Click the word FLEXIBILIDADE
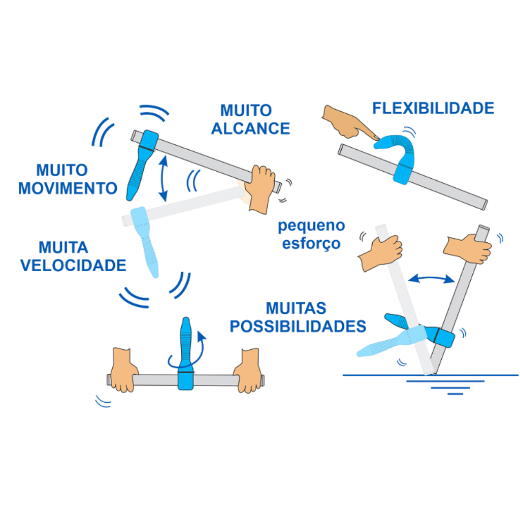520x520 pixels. pyautogui.click(x=433, y=108)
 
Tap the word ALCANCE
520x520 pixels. pyautogui.click(x=250, y=128)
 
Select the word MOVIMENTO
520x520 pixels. pyautogui.click(x=68, y=188)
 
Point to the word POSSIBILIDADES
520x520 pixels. pyautogui.click(x=298, y=326)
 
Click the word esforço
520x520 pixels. pyautogui.click(x=311, y=243)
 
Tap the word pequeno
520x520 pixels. pyautogui.click(x=312, y=225)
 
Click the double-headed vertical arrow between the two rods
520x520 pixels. pyautogui.click(x=162, y=178)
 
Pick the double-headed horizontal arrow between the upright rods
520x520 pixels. pyautogui.click(x=432, y=278)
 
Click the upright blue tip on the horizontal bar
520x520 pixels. pyautogui.click(x=185, y=345)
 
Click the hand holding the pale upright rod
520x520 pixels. pyautogui.click(x=382, y=251)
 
